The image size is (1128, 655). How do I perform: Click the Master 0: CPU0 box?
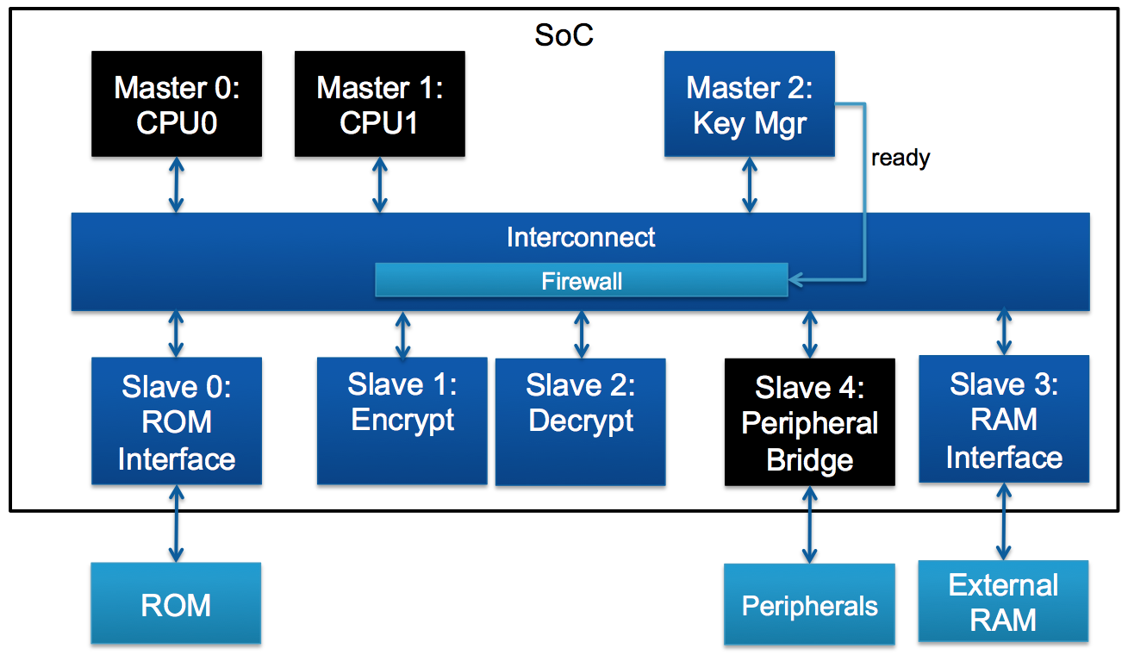(177, 104)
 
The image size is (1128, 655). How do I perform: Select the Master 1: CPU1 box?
(379, 104)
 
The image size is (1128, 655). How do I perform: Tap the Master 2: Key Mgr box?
(749, 104)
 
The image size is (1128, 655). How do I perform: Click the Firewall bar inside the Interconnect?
(582, 281)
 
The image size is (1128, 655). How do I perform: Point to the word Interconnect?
(581, 237)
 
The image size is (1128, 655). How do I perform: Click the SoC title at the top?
(564, 35)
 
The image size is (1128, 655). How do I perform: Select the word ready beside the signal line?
(901, 159)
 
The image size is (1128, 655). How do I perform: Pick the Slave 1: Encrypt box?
(402, 421)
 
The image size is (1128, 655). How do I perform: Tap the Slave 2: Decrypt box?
(580, 421)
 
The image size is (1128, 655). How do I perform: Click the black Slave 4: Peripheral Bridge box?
(809, 422)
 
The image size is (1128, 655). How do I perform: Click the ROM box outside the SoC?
(176, 604)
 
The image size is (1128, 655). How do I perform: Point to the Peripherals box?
(809, 605)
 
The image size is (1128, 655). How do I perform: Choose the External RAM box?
(1003, 602)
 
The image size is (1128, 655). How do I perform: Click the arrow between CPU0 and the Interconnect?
(177, 184)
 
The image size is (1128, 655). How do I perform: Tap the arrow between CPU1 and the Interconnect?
(379, 184)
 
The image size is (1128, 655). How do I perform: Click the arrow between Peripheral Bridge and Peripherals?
(809, 525)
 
